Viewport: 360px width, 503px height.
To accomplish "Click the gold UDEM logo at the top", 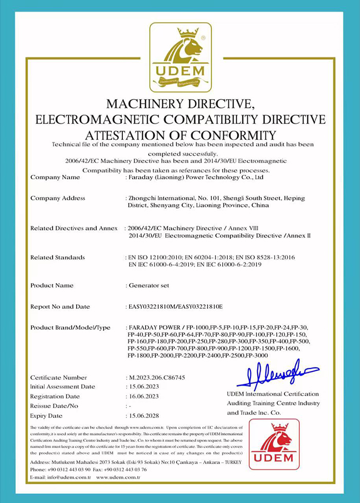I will [180, 57].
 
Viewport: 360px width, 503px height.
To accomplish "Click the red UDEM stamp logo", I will [274, 444].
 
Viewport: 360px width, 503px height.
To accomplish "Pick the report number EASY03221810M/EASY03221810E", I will [174, 307].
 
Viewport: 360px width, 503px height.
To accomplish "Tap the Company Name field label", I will [55, 177].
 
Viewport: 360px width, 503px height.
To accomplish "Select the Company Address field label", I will [58, 198].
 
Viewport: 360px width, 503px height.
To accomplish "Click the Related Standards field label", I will [58, 257].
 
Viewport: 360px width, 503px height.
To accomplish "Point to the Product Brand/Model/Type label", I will [70, 328].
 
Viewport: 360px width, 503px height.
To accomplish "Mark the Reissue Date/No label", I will [54, 406].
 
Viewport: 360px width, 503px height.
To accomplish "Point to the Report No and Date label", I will [60, 307].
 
